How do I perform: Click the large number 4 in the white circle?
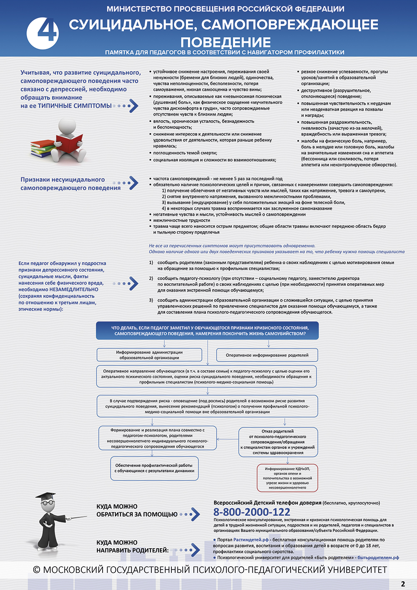pyautogui.click(x=42, y=33)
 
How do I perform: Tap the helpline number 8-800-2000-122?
pyautogui.click(x=251, y=512)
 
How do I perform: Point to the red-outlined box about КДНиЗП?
pyautogui.click(x=287, y=478)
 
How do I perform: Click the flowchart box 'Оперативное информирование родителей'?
pyautogui.click(x=267, y=355)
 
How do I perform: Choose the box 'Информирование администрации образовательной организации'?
pyautogui.click(x=149, y=355)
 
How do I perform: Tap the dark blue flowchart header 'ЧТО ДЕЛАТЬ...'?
pyautogui.click(x=207, y=330)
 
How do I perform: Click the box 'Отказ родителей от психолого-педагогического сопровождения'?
pyautogui.click(x=277, y=442)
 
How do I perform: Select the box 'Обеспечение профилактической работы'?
pyautogui.click(x=154, y=468)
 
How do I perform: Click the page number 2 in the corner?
pyautogui.click(x=403, y=584)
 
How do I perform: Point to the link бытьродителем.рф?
pyautogui.click(x=378, y=557)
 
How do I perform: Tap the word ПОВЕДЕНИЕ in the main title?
pyautogui.click(x=226, y=42)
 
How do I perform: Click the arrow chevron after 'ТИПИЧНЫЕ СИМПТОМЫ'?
pyautogui.click(x=133, y=106)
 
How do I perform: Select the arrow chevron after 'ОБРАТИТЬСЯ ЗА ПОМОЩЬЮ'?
pyautogui.click(x=194, y=514)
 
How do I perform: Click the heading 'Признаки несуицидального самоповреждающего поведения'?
pyautogui.click(x=70, y=184)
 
